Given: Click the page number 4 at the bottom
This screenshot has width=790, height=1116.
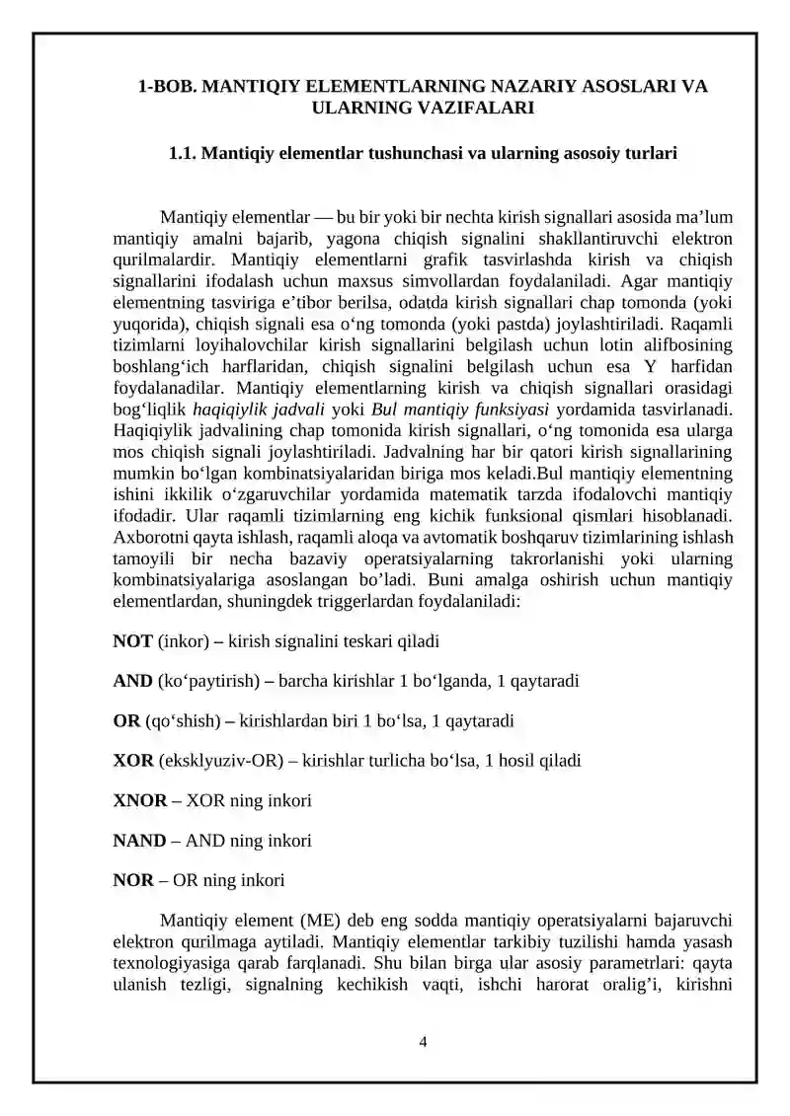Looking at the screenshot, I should pyautogui.click(x=423, y=1040).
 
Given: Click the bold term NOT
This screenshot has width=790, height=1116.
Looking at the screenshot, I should pyautogui.click(x=132, y=641).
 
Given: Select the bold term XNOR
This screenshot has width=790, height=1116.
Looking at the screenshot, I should pyautogui.click(x=139, y=800).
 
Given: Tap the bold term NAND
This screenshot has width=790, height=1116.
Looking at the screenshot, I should pyautogui.click(x=139, y=841).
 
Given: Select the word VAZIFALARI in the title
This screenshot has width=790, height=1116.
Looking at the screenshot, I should pyautogui.click(x=469, y=109).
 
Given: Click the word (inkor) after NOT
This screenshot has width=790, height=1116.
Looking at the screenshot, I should pyautogui.click(x=182, y=641).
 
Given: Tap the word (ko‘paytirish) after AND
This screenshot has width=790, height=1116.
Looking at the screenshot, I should pyautogui.click(x=208, y=682).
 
